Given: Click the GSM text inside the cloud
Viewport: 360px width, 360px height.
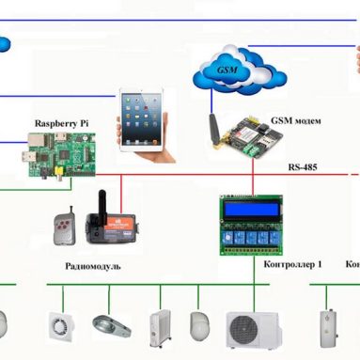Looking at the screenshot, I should (x=227, y=70).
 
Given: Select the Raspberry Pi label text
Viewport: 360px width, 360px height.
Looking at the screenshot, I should (x=63, y=123).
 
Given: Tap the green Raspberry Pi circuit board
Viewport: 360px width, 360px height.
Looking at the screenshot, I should (x=61, y=154).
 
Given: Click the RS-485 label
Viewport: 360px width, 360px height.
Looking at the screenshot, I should (x=304, y=166).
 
